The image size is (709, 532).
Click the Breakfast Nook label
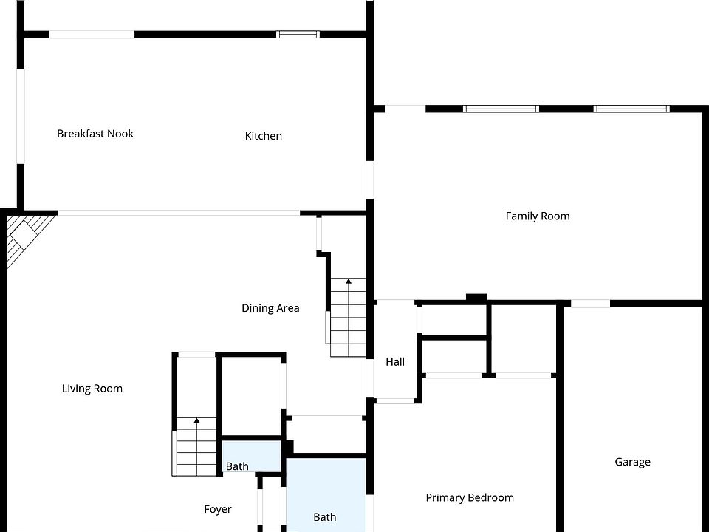(x=95, y=134)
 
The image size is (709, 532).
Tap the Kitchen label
(x=264, y=136)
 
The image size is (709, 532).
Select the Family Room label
(x=538, y=216)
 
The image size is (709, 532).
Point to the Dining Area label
(x=270, y=308)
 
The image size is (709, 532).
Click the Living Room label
(x=92, y=389)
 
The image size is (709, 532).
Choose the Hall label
(x=395, y=362)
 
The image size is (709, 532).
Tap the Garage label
(x=633, y=462)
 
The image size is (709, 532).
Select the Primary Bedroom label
(x=470, y=498)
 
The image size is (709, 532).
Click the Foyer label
(x=218, y=509)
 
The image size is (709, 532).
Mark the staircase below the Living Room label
(x=196, y=447)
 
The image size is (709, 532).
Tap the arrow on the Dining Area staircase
(x=349, y=281)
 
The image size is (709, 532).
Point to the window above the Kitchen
(x=298, y=34)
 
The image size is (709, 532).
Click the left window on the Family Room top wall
(x=501, y=109)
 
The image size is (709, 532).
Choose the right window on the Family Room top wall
(x=631, y=109)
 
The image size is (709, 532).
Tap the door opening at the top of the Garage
(x=591, y=304)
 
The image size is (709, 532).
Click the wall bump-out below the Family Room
(x=476, y=298)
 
